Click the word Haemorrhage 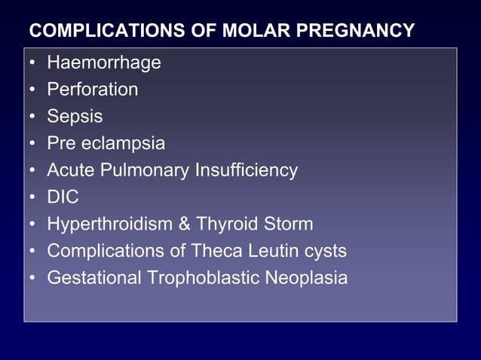click(x=104, y=63)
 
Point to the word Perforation click(x=93, y=90)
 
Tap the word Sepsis click(x=75, y=117)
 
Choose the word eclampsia click(x=123, y=143)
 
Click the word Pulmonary click(x=149, y=170)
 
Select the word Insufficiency click(x=247, y=170)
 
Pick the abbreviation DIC click(x=63, y=197)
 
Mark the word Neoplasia click(x=306, y=278)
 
